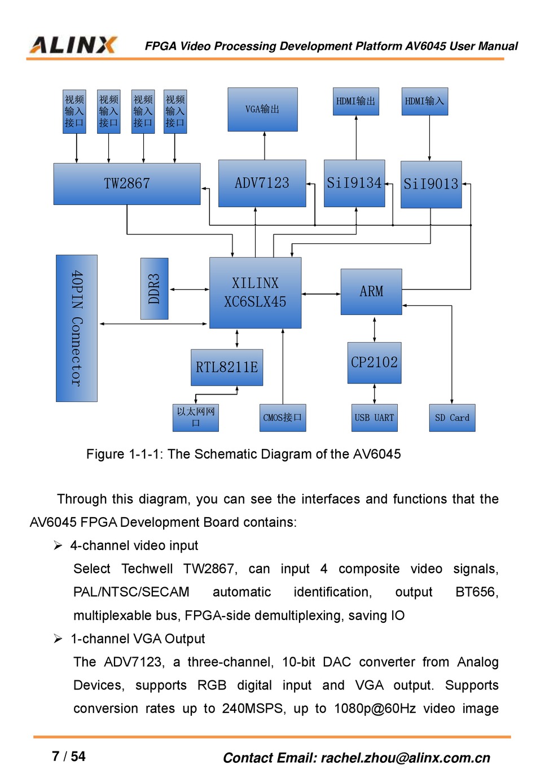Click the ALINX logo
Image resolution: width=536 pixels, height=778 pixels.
click(73, 45)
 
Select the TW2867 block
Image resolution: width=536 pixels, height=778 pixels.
click(127, 183)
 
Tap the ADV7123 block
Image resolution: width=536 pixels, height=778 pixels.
click(262, 183)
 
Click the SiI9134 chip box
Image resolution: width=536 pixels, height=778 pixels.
click(354, 183)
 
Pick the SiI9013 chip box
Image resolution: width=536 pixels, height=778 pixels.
click(431, 184)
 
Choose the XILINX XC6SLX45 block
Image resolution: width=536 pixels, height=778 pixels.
click(255, 292)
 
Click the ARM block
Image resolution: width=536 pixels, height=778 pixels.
click(371, 291)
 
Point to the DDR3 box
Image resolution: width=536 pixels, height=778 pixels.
click(154, 289)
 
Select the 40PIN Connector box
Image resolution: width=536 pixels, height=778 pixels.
click(77, 328)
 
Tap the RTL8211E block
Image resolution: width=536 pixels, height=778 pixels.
click(227, 367)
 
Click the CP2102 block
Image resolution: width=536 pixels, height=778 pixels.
click(374, 362)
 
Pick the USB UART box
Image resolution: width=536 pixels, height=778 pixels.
click(374, 418)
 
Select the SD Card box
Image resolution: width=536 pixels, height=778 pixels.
click(452, 418)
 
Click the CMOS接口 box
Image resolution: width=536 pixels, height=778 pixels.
click(283, 418)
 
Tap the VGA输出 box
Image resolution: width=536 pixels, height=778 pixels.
click(262, 109)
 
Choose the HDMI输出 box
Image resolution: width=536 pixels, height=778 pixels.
click(355, 101)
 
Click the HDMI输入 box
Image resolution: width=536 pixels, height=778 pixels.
click(424, 101)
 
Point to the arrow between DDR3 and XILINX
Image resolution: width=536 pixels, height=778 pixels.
click(189, 289)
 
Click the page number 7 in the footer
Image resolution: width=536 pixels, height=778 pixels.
click(55, 757)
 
